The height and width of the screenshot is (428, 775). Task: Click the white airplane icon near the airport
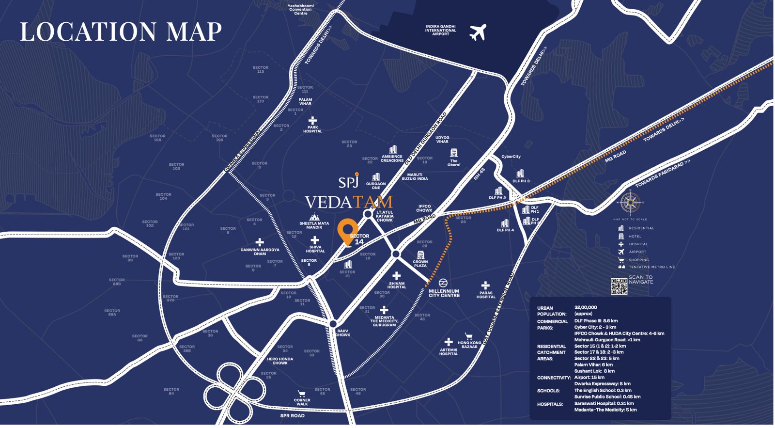tap(478, 32)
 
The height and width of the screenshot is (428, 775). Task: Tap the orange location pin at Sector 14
tap(347, 232)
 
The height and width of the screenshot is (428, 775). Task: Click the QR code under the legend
tap(619, 286)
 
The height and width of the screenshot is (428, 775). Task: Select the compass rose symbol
tap(630, 203)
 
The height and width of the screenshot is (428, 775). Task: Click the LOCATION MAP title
tap(121, 32)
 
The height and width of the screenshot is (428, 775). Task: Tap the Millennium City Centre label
tap(444, 293)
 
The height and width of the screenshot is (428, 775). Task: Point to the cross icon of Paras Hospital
tap(485, 285)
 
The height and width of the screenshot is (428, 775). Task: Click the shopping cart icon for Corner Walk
tap(302, 394)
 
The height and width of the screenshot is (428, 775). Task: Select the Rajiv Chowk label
tap(342, 333)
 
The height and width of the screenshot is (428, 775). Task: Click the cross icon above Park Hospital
tap(312, 120)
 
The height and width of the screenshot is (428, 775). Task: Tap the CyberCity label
tap(511, 157)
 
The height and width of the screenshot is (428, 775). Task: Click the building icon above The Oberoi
tap(453, 153)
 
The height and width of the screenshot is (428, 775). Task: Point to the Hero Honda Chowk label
tap(280, 361)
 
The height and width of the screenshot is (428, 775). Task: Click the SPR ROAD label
tap(292, 415)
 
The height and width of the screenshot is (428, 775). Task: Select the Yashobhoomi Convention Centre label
tap(300, 9)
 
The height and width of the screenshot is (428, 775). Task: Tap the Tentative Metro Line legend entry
tap(651, 267)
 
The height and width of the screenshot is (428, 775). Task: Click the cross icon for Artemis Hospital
tap(449, 342)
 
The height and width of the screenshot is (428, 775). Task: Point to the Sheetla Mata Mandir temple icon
tap(314, 217)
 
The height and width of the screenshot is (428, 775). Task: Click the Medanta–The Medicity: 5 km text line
tap(605, 410)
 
